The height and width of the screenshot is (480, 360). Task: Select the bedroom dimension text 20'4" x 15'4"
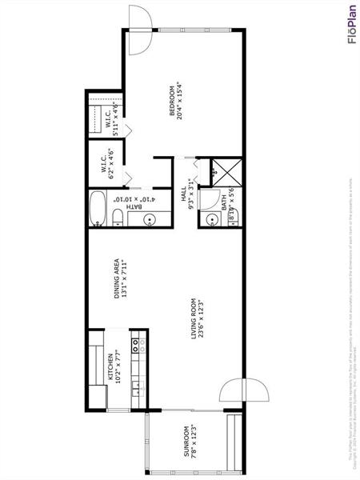182,101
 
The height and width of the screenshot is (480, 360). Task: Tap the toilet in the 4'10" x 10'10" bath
118,217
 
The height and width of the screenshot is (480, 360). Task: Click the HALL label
183,194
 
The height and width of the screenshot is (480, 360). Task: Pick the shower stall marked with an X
218,170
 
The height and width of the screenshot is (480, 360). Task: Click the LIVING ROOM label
193,318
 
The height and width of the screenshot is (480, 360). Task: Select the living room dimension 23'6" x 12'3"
202,318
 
